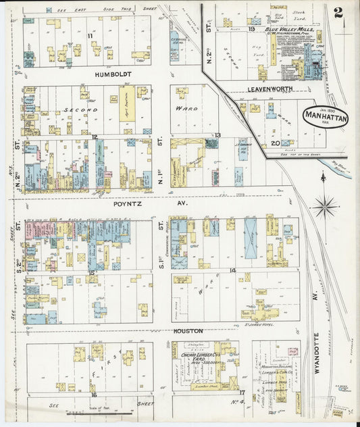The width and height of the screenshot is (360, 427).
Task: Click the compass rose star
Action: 324,205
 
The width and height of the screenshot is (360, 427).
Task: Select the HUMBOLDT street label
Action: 112,75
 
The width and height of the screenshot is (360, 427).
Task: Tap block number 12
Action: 95,137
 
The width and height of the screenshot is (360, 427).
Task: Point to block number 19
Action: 251,29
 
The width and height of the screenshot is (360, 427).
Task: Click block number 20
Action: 274,143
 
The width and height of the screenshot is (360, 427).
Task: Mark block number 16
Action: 94,395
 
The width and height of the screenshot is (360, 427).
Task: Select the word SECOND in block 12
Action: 81,109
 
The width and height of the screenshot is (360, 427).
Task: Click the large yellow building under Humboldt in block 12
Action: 127,103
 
